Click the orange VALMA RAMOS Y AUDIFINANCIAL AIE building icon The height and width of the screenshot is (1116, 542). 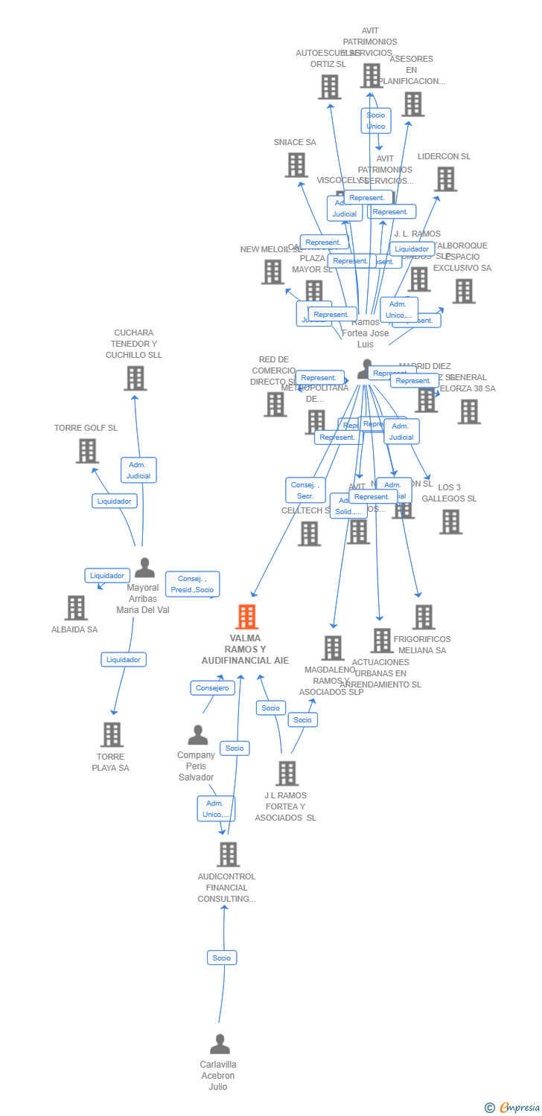(247, 617)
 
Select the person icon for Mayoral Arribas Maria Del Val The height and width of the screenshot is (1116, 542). (144, 568)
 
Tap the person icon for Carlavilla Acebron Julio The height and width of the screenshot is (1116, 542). (220, 1045)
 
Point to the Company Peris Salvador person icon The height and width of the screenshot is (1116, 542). (198, 735)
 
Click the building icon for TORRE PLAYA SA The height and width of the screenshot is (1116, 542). (112, 734)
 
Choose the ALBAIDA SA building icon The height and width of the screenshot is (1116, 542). (76, 608)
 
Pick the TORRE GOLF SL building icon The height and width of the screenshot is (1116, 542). (87, 451)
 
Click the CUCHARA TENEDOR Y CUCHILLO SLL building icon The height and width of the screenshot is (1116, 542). (135, 379)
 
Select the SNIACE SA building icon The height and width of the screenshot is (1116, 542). (296, 165)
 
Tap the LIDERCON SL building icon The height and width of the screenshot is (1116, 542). (445, 179)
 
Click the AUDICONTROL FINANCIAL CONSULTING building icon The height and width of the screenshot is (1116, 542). (228, 854)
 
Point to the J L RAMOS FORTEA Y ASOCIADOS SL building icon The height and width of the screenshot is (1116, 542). (287, 774)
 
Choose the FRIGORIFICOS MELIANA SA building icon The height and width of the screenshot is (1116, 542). (424, 617)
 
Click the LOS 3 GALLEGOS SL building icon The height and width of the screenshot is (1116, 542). (450, 522)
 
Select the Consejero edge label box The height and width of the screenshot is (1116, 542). (212, 688)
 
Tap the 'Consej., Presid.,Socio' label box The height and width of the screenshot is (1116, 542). (193, 584)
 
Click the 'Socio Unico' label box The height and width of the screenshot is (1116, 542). (376, 121)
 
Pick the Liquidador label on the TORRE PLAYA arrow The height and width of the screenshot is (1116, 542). (124, 659)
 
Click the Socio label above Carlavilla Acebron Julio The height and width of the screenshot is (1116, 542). (222, 958)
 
